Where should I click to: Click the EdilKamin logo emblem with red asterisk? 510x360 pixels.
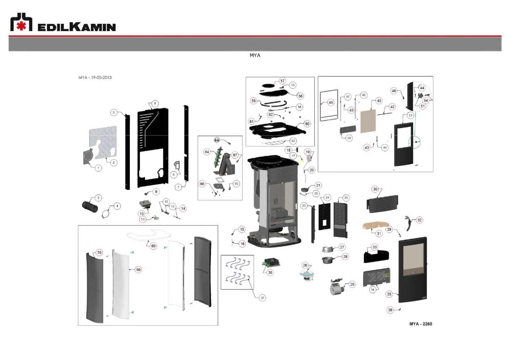click(x=21, y=22)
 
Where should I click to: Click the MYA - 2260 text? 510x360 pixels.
click(x=420, y=324)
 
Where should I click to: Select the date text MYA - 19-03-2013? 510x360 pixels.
click(x=95, y=77)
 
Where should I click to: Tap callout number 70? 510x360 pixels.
click(x=99, y=253)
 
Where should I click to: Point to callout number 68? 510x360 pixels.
click(x=138, y=270)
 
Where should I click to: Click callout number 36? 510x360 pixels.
click(x=270, y=273)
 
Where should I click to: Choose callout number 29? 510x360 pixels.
click(x=352, y=284)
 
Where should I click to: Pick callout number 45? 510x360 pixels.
click(x=331, y=102)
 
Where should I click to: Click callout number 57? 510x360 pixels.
click(x=282, y=81)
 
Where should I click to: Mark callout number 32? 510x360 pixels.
click(x=419, y=220)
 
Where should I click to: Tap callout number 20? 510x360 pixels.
click(x=311, y=170)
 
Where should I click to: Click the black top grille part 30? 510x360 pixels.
click(x=382, y=204)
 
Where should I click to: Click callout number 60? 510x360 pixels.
click(x=307, y=124)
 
